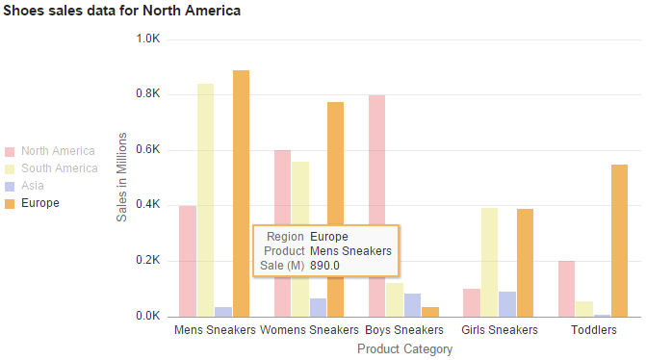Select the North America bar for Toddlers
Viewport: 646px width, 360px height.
pyautogui.click(x=565, y=288)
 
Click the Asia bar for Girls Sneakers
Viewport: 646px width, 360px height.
pyautogui.click(x=507, y=304)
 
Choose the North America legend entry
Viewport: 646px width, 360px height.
pyautogui.click(x=58, y=151)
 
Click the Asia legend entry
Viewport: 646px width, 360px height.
pyautogui.click(x=33, y=186)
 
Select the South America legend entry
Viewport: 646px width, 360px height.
pyautogui.click(x=59, y=168)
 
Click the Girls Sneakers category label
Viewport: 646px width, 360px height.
pyautogui.click(x=500, y=330)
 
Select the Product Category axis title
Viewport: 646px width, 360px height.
pyautogui.click(x=404, y=348)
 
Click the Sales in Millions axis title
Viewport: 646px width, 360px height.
pyautogui.click(x=122, y=187)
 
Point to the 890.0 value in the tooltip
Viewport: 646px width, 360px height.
pyautogui.click(x=325, y=265)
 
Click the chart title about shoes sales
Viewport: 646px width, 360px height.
pyautogui.click(x=122, y=11)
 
